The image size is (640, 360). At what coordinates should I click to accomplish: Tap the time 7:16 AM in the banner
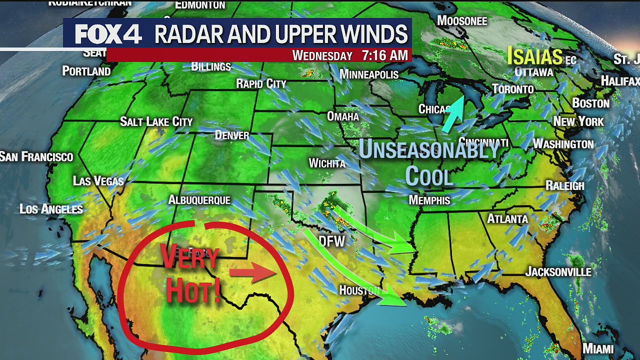pos(384,55)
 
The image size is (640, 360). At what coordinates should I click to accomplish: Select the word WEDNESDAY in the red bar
pos(322,55)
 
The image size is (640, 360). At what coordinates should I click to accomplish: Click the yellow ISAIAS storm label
pos(535,56)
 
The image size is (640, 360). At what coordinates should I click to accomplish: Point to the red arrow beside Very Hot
pos(252,273)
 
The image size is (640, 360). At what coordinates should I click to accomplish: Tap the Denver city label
pos(232,135)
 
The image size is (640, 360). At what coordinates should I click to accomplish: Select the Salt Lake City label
pos(156,121)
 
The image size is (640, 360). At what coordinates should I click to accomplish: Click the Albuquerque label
pos(199,200)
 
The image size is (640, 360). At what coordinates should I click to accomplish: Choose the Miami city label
pos(597,348)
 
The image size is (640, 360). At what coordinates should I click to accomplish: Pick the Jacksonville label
pos(558,272)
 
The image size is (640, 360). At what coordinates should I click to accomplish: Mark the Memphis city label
pos(429,200)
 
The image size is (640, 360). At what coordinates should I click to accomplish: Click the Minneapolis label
pos(369,74)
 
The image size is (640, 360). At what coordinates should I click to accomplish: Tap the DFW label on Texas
pos(332,242)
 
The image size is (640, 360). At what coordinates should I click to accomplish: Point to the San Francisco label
pos(36,157)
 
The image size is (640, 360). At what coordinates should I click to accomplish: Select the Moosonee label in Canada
pos(462,20)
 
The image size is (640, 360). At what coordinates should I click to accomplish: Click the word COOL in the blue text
pos(428,175)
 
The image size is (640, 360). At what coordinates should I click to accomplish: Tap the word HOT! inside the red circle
pos(193,291)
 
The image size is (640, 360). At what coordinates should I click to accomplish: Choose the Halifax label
pos(619,81)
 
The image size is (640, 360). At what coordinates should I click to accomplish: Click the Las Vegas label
pos(98,180)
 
